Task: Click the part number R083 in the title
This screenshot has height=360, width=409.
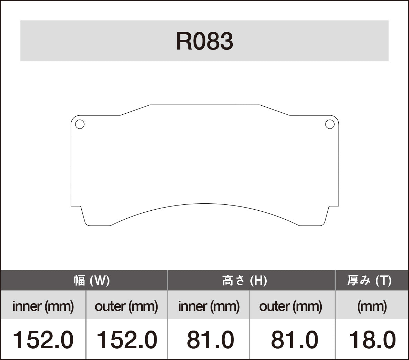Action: pos(204,42)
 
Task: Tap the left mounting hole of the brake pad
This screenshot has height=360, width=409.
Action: pos(80,124)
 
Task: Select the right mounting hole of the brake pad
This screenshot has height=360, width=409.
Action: pos(330,124)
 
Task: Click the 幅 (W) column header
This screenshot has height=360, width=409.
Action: pos(92,280)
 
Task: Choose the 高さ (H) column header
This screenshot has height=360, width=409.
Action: pos(244,280)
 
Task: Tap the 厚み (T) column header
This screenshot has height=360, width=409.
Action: pos(370,280)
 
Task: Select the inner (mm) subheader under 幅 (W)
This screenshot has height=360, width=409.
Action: pos(43,306)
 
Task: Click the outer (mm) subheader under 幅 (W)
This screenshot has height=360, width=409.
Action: pos(126,306)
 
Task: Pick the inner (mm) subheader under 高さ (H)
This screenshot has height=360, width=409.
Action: pos(209,306)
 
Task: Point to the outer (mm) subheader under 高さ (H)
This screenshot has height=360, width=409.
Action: pos(291,306)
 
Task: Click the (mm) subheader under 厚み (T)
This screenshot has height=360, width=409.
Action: pos(372,306)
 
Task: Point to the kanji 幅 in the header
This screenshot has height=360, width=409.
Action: pos(79,280)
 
